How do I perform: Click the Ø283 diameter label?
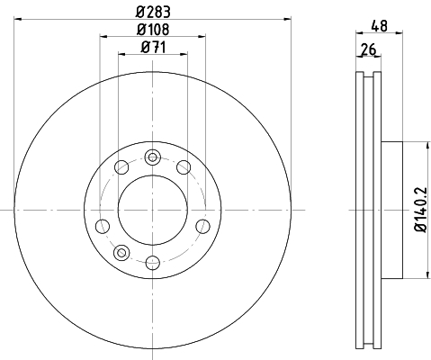click(153, 12)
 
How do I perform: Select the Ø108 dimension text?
click(153, 29)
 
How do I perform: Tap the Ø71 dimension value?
click(153, 47)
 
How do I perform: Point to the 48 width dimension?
click(379, 26)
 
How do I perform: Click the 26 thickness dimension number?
click(368, 49)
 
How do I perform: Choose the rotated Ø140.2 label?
click(420, 210)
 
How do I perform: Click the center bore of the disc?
click(153, 210)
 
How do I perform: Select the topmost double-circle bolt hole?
click(153, 157)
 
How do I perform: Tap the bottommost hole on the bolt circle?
click(153, 263)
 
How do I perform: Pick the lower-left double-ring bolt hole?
click(121, 253)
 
